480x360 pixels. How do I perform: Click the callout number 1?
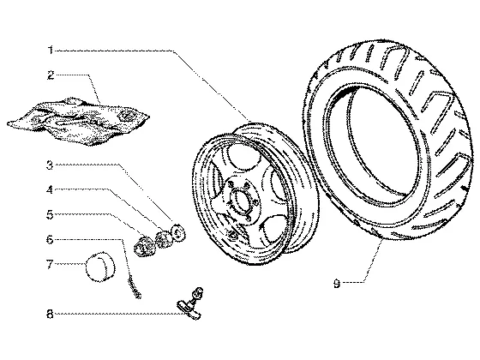(51, 50)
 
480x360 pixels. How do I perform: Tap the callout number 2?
(51, 75)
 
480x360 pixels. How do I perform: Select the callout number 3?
(50, 165)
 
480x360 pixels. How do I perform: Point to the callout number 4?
(50, 189)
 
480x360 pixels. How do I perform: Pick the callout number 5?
(50, 214)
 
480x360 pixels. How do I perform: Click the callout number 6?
(50, 239)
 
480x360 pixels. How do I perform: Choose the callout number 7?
(50, 264)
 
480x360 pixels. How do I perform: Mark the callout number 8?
(50, 314)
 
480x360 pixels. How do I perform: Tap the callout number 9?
(337, 284)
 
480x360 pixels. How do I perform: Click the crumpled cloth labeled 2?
(78, 121)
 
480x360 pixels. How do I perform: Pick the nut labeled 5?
(144, 246)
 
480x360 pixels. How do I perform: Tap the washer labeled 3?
(178, 233)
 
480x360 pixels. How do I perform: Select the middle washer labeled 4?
(163, 240)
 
